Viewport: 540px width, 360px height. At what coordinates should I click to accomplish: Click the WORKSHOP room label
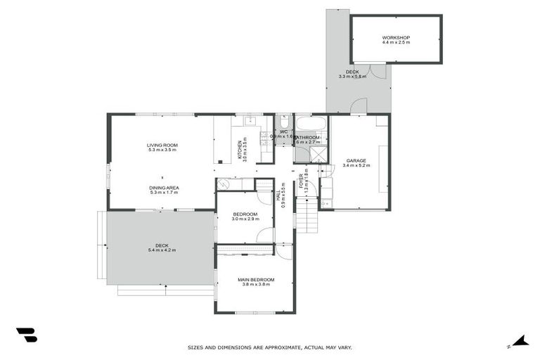pyautogui.click(x=396, y=37)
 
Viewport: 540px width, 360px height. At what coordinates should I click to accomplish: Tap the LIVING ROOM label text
pyautogui.click(x=162, y=145)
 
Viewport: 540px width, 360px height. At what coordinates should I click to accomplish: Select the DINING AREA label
pyautogui.click(x=163, y=188)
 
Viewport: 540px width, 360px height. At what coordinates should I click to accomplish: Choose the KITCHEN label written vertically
pyautogui.click(x=239, y=149)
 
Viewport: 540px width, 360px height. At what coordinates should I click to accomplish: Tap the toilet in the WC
pyautogui.click(x=283, y=122)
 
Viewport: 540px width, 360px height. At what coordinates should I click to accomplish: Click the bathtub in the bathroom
pyautogui.click(x=310, y=124)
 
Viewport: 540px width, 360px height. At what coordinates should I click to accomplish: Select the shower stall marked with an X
pyautogui.click(x=319, y=155)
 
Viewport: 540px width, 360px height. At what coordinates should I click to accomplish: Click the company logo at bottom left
pyautogui.click(x=26, y=335)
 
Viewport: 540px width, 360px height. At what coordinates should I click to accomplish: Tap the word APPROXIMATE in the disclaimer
pyautogui.click(x=277, y=347)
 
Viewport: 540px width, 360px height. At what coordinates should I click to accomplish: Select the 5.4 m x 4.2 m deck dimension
pyautogui.click(x=162, y=250)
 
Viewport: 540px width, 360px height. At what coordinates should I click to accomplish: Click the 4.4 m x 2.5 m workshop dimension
pyautogui.click(x=396, y=42)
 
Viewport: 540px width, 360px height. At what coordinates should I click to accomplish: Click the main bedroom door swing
pyautogui.click(x=283, y=252)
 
